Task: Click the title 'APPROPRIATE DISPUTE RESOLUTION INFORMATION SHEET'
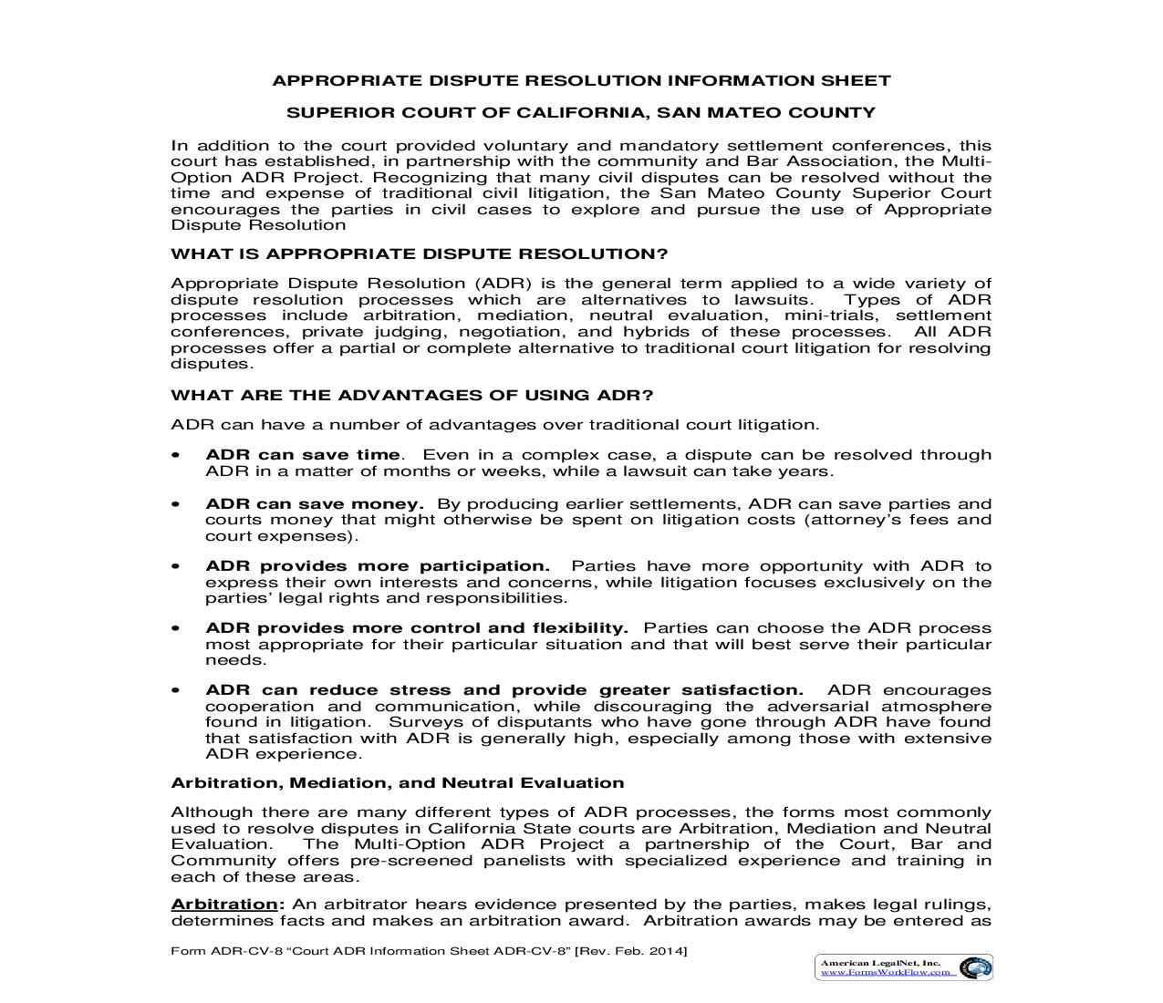coord(581,80)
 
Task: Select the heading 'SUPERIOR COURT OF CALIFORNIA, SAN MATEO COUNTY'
coord(581,113)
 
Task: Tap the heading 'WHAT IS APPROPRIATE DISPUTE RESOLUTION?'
coord(420,253)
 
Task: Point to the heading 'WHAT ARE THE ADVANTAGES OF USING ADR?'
coord(412,395)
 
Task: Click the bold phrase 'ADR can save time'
coord(303,455)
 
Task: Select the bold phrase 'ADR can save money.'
coord(315,504)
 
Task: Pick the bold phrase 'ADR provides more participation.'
coord(378,566)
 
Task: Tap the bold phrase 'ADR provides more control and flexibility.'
coord(417,628)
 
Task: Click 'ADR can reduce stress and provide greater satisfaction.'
coord(504,690)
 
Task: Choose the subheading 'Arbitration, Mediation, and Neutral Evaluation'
coord(398,782)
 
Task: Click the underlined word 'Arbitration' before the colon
coord(224,905)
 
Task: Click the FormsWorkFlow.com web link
coord(888,972)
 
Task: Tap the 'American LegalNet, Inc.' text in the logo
coord(880,962)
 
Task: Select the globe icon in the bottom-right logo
coord(975,967)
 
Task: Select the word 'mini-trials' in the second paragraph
coord(832,315)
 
